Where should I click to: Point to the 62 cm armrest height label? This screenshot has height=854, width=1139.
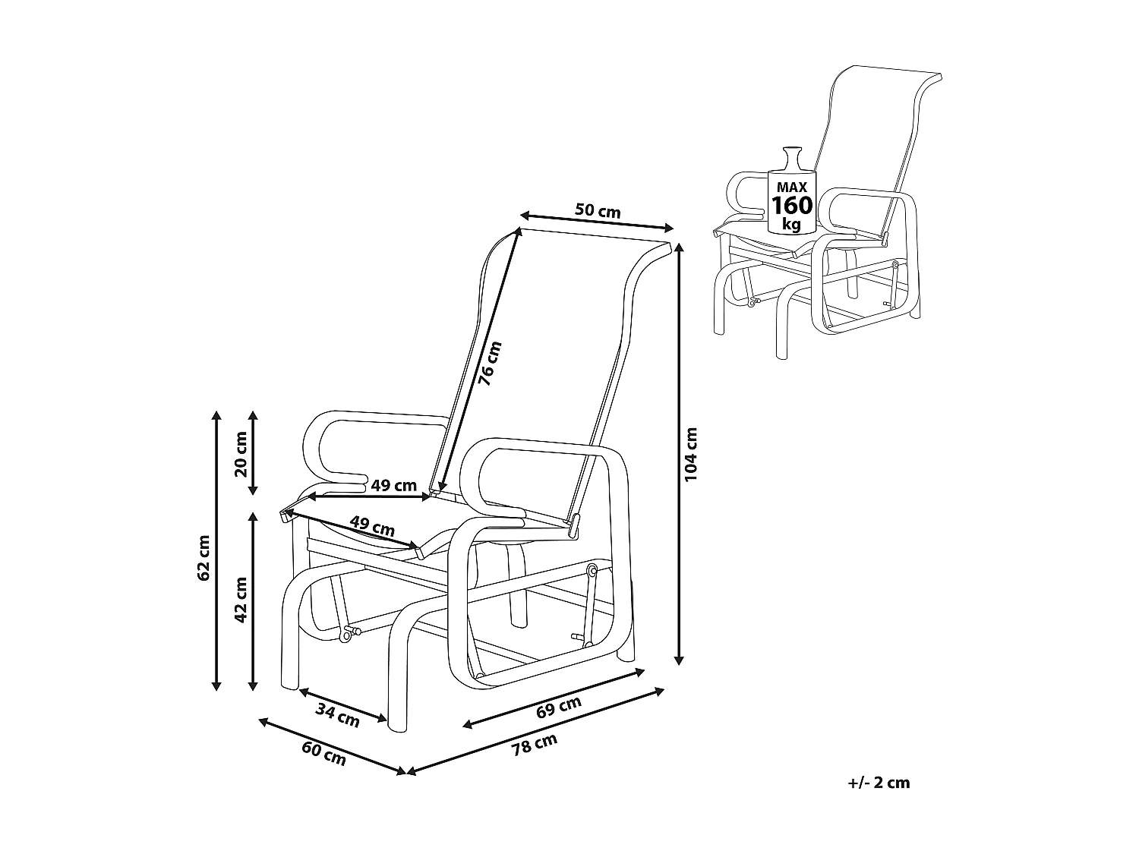pos(203,558)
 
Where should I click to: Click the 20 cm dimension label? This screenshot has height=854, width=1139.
pos(241,453)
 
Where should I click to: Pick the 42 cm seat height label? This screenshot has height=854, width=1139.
pos(241,600)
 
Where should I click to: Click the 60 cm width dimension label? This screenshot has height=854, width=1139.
pos(324,753)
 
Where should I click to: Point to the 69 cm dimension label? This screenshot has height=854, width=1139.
pos(558,707)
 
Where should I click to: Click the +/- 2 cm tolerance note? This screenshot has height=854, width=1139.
pos(879,783)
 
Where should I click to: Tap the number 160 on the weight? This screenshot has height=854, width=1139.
pos(792,205)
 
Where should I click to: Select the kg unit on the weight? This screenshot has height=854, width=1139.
pos(791,224)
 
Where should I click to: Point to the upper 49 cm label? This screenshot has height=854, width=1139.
pos(394,485)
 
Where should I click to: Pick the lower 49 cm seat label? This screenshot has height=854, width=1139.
pos(372,525)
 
